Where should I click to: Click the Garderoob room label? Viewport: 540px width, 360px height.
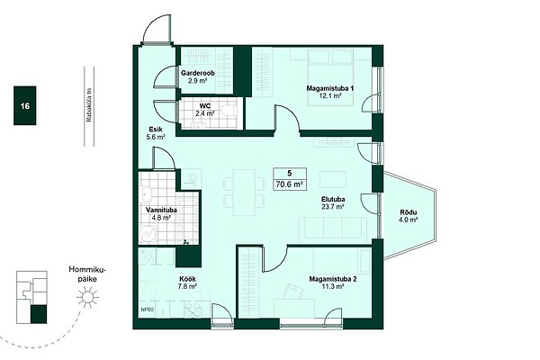point(198,73)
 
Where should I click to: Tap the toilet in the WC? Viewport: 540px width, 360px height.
point(229,111)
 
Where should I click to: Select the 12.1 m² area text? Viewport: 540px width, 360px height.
point(330,96)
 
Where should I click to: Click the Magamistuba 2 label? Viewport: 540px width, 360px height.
point(333,279)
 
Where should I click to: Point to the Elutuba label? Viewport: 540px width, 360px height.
point(333,199)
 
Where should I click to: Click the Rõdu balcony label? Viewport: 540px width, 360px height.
point(409,212)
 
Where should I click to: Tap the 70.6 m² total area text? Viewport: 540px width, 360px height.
point(289,184)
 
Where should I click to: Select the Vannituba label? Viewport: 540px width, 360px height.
point(161,210)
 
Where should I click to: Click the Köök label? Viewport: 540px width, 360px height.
point(188,279)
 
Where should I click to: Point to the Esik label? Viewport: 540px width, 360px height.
point(156,130)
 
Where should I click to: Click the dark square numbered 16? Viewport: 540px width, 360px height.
point(25,105)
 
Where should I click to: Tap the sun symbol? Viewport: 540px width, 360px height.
point(87,297)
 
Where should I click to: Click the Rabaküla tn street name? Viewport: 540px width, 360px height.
point(89,105)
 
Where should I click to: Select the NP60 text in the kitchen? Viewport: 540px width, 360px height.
point(148,310)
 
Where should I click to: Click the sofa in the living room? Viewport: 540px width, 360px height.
point(333,229)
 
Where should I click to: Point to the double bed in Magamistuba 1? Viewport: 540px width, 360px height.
point(330,77)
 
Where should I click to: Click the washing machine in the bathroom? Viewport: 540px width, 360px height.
point(148,234)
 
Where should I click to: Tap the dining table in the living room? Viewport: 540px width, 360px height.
point(244,193)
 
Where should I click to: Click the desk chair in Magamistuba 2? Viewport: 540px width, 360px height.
point(292,291)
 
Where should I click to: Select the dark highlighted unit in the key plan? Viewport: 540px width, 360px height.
point(39,314)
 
